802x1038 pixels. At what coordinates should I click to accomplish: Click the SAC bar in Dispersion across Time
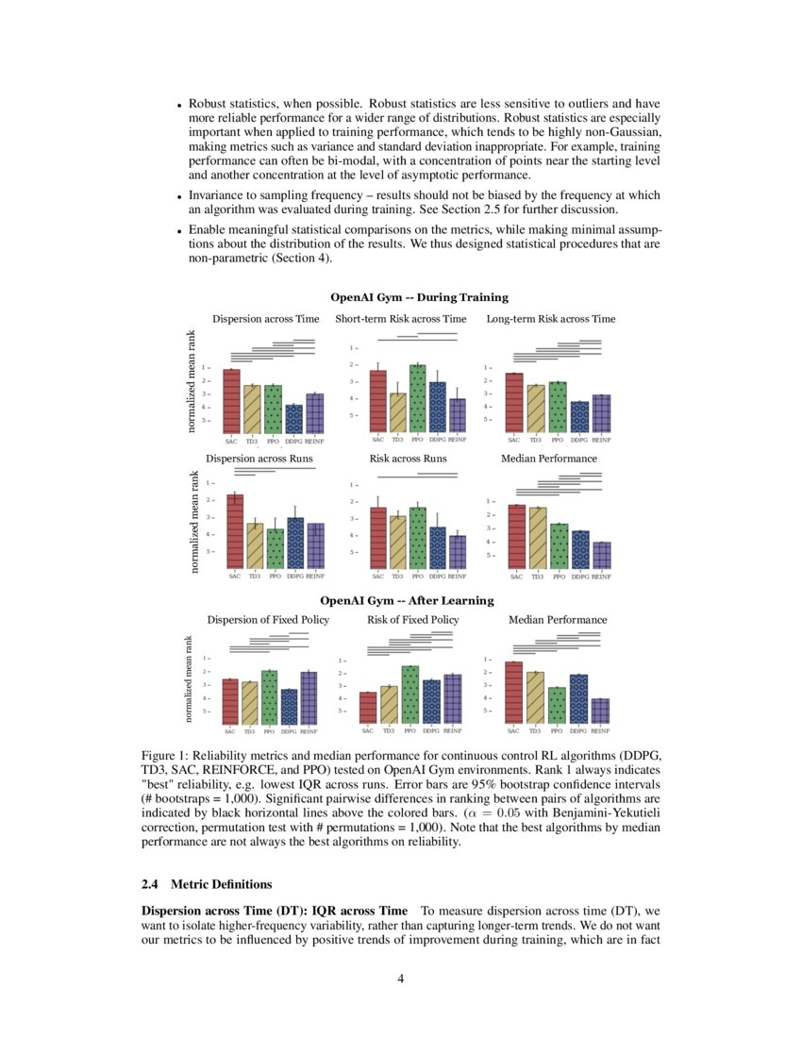(231, 401)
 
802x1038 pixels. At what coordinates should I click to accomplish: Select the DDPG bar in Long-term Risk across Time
(580, 417)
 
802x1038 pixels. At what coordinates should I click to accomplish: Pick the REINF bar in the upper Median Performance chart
(601, 556)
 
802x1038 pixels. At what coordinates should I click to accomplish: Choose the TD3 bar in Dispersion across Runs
(255, 546)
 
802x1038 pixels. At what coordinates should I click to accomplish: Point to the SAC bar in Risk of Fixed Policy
(368, 708)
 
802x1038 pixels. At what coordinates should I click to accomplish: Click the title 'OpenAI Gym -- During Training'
(419, 297)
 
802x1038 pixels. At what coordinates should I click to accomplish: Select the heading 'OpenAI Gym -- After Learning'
(407, 600)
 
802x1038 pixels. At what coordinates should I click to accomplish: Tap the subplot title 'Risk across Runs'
(408, 459)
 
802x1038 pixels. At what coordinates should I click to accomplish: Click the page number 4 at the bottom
(401, 978)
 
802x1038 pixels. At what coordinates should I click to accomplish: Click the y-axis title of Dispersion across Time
(192, 381)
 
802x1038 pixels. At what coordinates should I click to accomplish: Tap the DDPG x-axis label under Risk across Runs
(438, 576)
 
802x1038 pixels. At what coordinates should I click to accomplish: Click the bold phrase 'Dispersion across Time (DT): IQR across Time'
(275, 911)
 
